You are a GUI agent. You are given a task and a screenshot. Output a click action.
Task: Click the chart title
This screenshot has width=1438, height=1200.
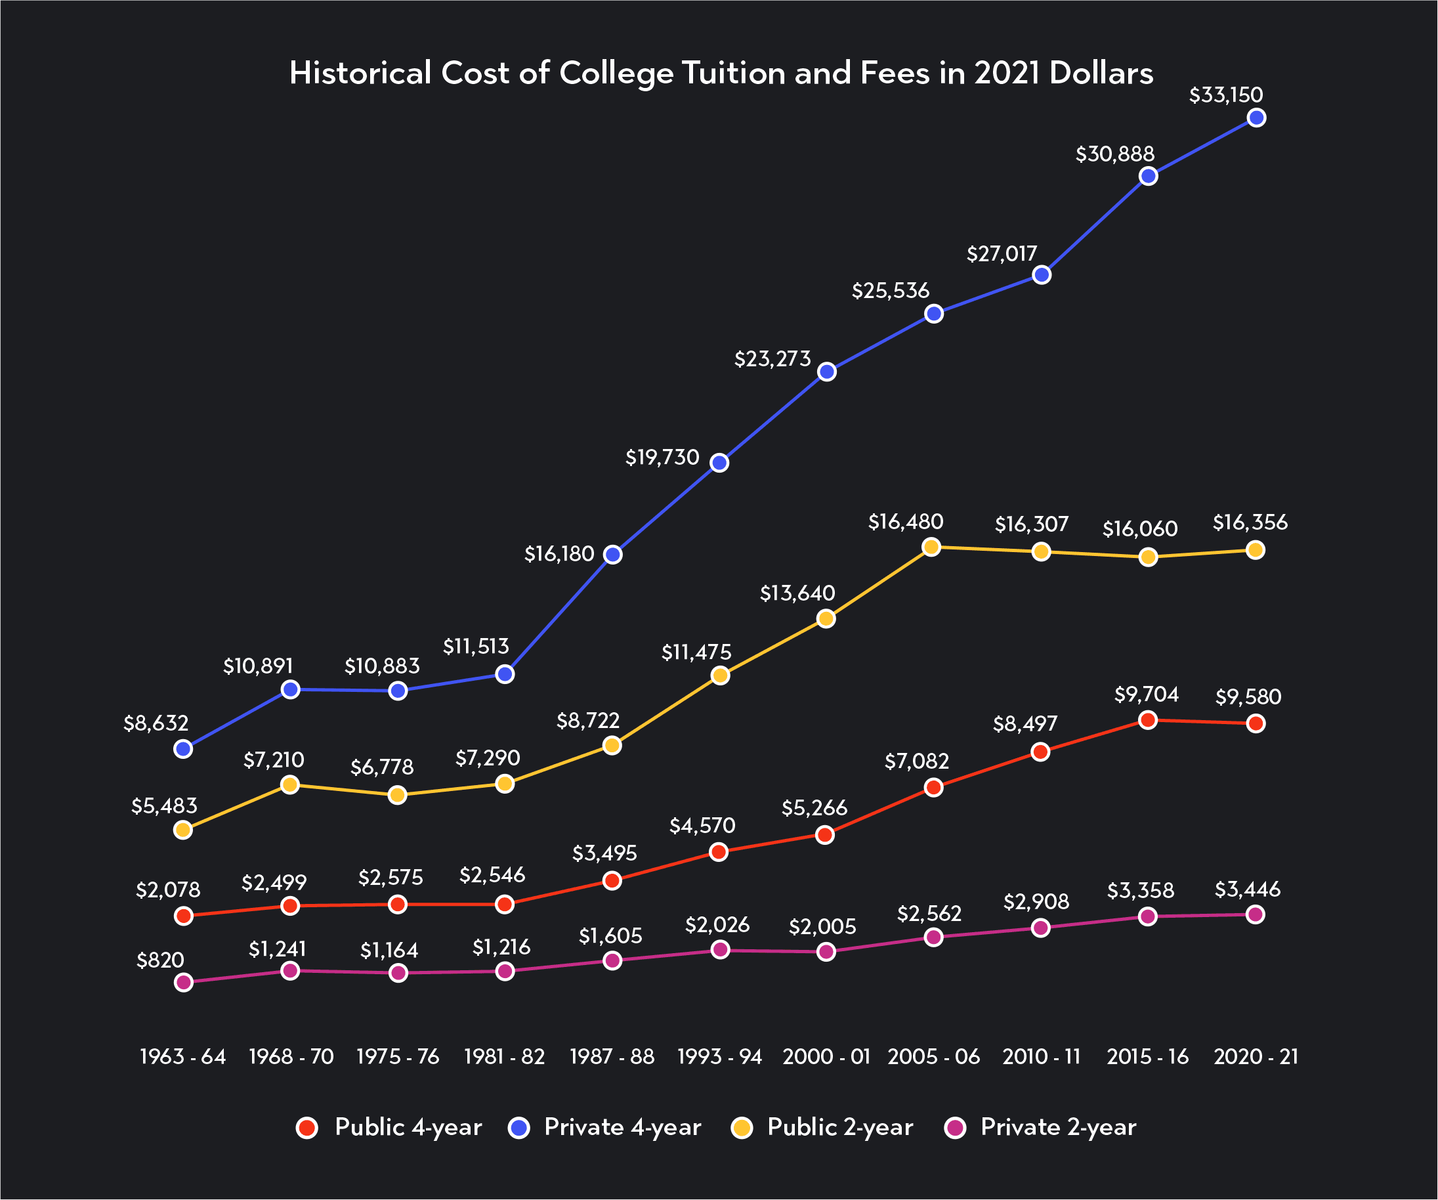click(x=721, y=74)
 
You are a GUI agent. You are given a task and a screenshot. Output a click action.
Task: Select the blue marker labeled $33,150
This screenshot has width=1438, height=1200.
click(x=1256, y=118)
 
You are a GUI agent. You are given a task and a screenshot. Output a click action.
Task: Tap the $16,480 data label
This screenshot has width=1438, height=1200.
click(x=905, y=522)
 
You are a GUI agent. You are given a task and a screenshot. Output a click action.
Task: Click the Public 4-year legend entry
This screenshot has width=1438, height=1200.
click(x=389, y=1126)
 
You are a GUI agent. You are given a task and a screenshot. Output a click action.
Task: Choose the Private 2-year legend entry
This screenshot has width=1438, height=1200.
click(x=1040, y=1126)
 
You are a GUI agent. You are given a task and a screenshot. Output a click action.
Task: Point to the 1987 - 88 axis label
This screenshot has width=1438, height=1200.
click(x=612, y=1056)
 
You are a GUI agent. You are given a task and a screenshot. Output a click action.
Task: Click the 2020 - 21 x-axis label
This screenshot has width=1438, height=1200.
click(x=1256, y=1056)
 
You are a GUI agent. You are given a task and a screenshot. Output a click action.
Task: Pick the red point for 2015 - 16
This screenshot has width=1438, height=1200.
click(x=1149, y=720)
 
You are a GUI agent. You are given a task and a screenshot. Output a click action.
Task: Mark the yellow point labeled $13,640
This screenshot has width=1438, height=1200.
click(x=826, y=618)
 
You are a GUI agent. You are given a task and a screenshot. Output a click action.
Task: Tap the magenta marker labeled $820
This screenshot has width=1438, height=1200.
click(x=184, y=983)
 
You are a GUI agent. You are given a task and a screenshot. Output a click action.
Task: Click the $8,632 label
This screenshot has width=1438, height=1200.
click(x=156, y=723)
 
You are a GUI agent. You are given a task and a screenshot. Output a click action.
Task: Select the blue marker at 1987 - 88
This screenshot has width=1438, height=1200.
click(x=613, y=554)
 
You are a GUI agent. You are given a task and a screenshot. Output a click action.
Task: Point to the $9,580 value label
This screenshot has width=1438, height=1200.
click(x=1248, y=697)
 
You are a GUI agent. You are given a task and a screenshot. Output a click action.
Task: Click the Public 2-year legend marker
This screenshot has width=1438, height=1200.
click(x=742, y=1127)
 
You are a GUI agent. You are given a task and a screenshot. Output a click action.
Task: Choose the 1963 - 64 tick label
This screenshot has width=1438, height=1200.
click(x=183, y=1056)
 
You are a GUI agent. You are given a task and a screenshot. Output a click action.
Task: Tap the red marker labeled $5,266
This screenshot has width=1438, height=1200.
click(x=825, y=835)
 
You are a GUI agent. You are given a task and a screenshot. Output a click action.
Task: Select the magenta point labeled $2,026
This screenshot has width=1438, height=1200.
click(x=720, y=949)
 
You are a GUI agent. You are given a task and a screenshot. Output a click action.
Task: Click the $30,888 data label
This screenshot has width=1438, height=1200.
click(x=1115, y=154)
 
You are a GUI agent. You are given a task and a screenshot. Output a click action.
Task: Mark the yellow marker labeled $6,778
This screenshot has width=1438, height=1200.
click(x=397, y=795)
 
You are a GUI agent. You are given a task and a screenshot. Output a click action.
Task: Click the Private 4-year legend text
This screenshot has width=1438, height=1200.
click(x=622, y=1126)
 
